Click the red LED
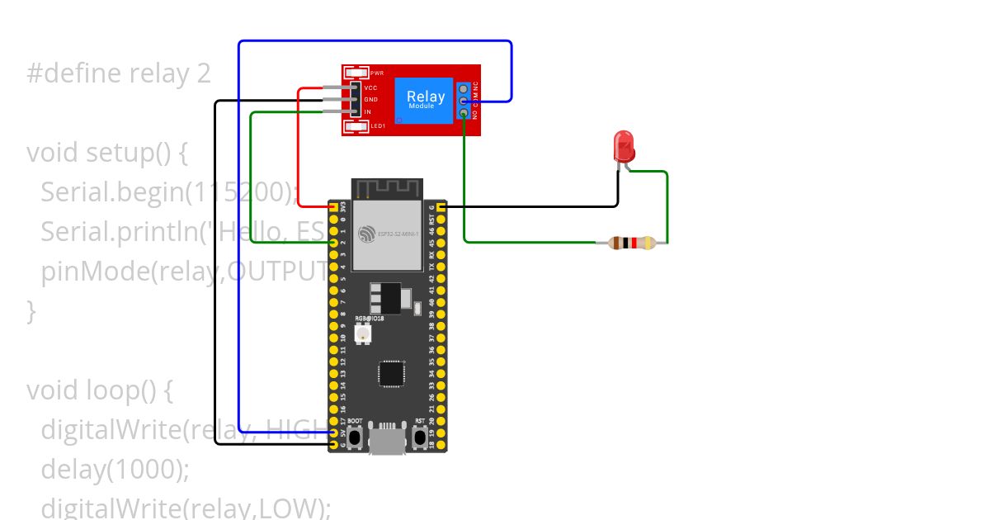pyautogui.click(x=624, y=147)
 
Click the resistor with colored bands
pyautogui.click(x=631, y=243)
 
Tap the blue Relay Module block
pyautogui.click(x=424, y=99)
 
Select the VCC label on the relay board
pyautogui.click(x=370, y=87)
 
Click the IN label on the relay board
pyautogui.click(x=368, y=111)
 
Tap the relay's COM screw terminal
pyautogui.click(x=464, y=101)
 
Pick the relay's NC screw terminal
pyautogui.click(x=464, y=88)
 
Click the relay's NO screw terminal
pyautogui.click(x=464, y=113)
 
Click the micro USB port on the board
pyautogui.click(x=387, y=439)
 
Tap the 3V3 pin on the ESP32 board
pyautogui.click(x=332, y=206)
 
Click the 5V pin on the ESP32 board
pyautogui.click(x=332, y=433)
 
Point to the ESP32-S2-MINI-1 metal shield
pyautogui.click(x=387, y=236)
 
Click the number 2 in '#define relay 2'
pyautogui.click(x=203, y=74)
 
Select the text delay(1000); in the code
pyautogui.click(x=115, y=469)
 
